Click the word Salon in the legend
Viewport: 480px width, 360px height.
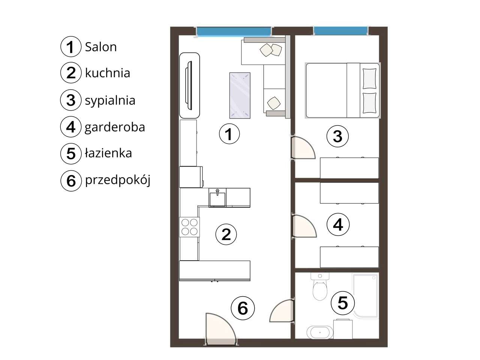click(x=100, y=47)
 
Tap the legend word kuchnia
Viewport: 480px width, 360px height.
click(x=107, y=73)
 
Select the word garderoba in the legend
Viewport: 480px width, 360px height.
click(x=115, y=127)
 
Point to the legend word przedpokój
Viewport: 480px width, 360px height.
click(x=117, y=180)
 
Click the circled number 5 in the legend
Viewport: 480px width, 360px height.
click(x=71, y=154)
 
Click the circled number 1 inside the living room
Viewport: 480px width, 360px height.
click(x=229, y=134)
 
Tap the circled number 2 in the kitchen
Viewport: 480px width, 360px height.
click(x=226, y=234)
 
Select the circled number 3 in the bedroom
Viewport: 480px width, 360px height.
click(x=337, y=136)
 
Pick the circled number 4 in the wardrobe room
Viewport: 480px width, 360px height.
click(x=338, y=225)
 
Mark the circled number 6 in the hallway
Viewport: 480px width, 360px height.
click(x=243, y=308)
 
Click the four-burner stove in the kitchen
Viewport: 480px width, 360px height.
click(x=189, y=227)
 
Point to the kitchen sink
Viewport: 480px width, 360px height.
click(x=217, y=197)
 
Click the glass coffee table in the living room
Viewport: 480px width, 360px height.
click(x=240, y=95)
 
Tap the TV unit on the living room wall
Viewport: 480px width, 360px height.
click(x=190, y=85)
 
